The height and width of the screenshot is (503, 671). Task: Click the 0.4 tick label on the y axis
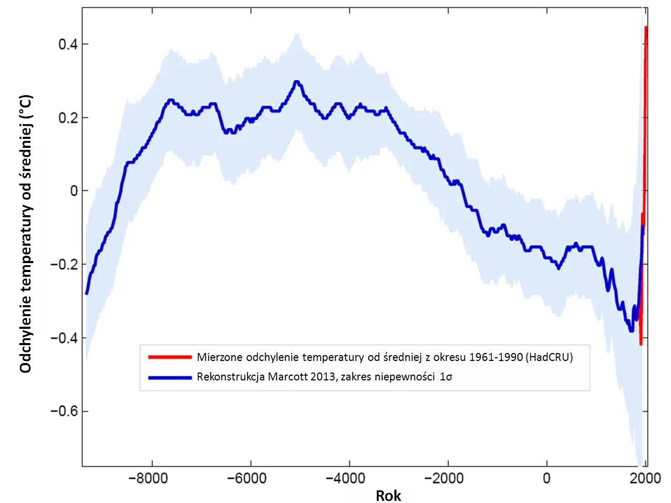pos(68,44)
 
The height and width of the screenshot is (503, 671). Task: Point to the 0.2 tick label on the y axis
pos(68,118)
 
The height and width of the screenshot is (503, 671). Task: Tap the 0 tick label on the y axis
pos(74,191)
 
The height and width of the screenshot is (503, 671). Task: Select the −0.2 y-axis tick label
pos(64,265)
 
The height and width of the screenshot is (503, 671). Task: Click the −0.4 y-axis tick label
pos(64,338)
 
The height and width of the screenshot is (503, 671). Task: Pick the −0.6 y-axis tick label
pos(64,411)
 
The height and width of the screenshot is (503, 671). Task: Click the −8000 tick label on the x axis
pos(148,478)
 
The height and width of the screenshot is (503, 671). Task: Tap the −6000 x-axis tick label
pos(247,478)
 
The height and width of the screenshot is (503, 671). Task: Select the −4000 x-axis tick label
pos(345,478)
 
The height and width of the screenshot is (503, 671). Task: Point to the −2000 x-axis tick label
pos(444,478)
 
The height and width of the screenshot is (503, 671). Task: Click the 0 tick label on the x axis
pos(546,478)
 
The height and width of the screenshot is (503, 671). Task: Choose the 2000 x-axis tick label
pos(645,478)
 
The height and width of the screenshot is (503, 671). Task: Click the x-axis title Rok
pos(388,496)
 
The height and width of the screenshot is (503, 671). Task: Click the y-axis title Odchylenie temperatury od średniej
pos(26,234)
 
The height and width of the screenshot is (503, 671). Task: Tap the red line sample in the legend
pos(170,357)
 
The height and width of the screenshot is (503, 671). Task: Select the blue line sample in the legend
pos(170,377)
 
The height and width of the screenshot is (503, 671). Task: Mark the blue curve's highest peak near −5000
pos(297,82)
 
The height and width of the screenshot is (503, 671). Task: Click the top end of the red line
pos(646,27)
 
